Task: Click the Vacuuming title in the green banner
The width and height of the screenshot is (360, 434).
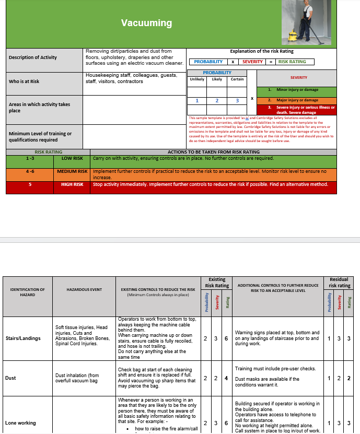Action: pos(146,23)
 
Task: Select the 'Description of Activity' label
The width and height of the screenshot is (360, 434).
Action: pos(33,57)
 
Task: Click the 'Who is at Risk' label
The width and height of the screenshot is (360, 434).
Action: pos(24,81)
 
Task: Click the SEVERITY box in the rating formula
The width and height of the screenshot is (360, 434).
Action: pos(252,62)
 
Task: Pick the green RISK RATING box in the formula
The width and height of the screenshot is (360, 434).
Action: pos(292,62)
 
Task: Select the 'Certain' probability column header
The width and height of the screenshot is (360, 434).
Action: pos(237,79)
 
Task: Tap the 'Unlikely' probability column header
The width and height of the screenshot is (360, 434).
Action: pos(197,79)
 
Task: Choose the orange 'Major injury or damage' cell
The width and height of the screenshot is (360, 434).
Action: pos(297,100)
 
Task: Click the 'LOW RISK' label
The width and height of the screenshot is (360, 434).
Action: pos(72,158)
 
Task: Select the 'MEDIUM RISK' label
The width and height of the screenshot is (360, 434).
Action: pos(72,171)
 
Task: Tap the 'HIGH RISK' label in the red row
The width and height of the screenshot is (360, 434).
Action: pos(72,184)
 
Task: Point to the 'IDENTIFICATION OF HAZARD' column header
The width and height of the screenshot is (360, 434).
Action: pos(28,292)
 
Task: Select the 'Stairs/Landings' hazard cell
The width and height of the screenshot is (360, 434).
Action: pos(22,338)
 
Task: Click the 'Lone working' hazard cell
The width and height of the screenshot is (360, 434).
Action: pos(20,423)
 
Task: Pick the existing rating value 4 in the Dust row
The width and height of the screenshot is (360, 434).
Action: pos(226,378)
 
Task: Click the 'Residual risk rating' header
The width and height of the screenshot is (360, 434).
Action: pos(339,283)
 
